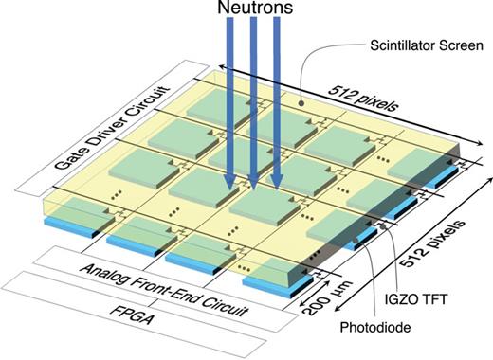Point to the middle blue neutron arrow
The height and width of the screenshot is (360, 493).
click(253, 104)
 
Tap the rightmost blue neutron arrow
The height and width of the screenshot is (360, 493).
click(276, 104)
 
